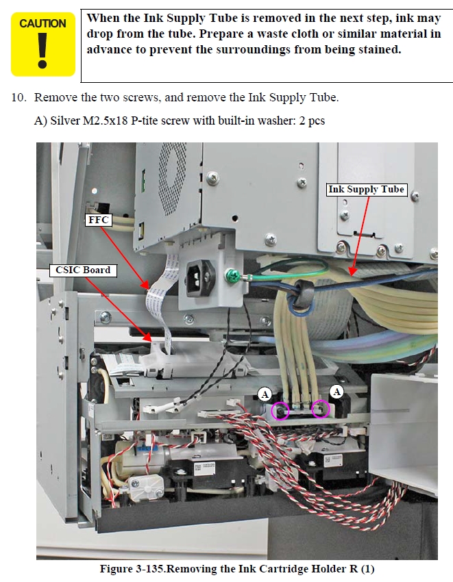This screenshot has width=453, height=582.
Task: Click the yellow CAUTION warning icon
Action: tap(43, 45)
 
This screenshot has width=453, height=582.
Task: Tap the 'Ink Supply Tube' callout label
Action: tap(366, 189)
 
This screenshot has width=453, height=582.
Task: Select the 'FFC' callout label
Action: tap(99, 220)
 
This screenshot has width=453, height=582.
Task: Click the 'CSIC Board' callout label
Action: tap(83, 270)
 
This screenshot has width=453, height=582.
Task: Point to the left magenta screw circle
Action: tap(280, 411)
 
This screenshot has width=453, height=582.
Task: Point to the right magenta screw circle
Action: tap(320, 409)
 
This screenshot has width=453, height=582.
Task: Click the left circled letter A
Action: tap(265, 394)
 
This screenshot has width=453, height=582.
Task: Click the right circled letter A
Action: tap(336, 391)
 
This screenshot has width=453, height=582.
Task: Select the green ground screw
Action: tap(231, 276)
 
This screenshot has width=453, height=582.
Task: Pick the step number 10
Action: tap(19, 98)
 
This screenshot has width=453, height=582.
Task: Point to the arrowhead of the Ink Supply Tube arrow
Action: tap(352, 273)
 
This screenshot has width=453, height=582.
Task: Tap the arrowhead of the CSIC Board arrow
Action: tap(149, 338)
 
